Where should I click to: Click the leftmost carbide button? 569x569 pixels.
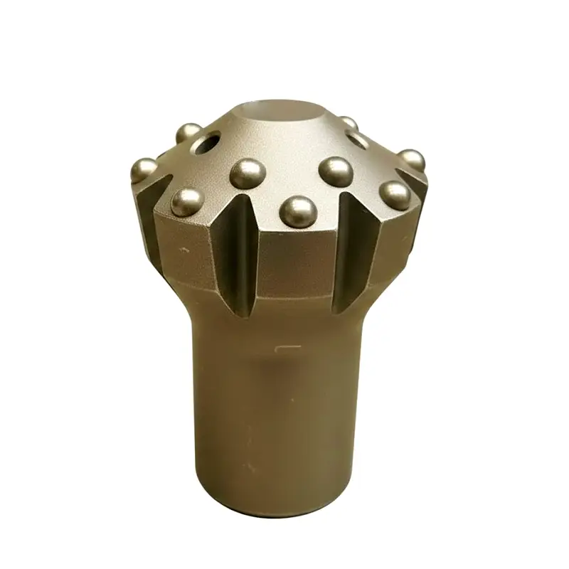[144, 170]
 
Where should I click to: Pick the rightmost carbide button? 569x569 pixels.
[412, 160]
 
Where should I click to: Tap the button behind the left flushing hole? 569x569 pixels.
[188, 133]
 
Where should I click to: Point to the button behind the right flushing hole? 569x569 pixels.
[347, 124]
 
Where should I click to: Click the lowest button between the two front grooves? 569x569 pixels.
[297, 211]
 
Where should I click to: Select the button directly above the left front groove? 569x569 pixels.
[248, 173]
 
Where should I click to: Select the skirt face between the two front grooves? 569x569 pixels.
[295, 263]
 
